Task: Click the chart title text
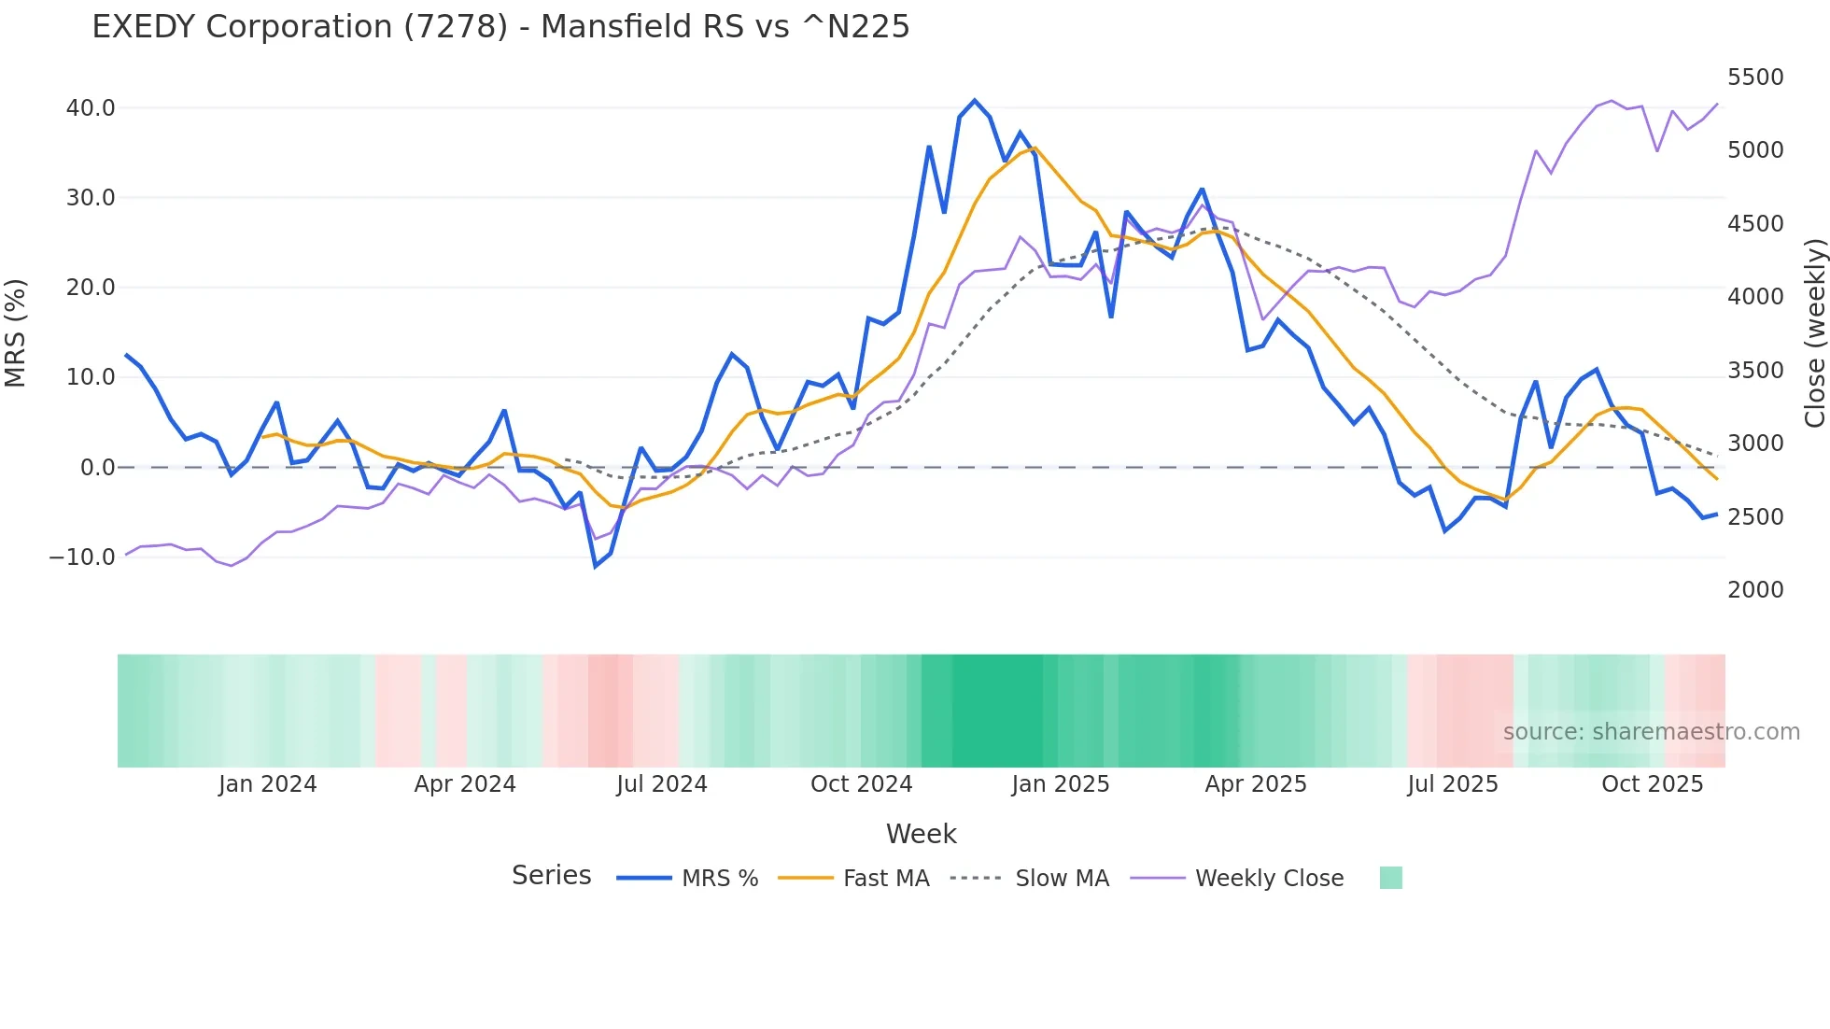(500, 27)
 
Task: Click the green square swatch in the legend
(1390, 878)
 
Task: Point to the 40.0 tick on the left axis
(91, 108)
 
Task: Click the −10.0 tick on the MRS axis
(82, 557)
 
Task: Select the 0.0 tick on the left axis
(97, 468)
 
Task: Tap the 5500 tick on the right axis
(1755, 78)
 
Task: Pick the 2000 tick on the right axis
(1755, 590)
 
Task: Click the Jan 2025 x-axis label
(1060, 784)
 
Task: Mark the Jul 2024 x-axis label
(661, 784)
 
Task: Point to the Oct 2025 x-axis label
(1652, 784)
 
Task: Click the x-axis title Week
(921, 834)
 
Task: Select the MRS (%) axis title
(16, 333)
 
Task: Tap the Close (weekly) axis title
(1814, 333)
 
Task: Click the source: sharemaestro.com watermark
(1651, 732)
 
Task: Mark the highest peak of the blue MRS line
(975, 100)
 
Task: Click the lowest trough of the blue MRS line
(596, 566)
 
